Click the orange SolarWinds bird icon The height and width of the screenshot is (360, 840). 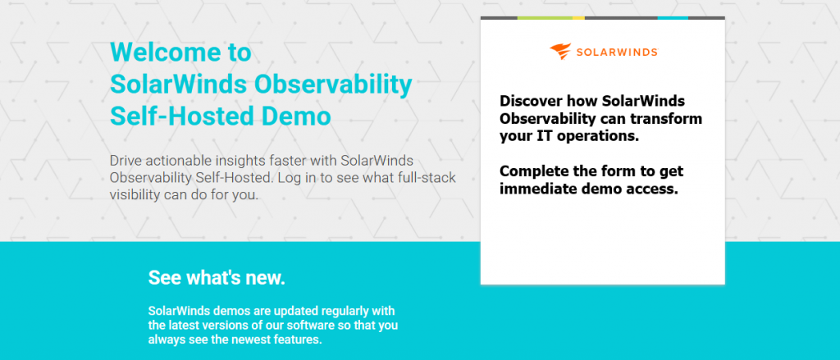point(560,52)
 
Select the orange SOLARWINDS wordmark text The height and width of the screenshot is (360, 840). point(617,52)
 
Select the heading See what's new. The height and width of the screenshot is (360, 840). point(217,277)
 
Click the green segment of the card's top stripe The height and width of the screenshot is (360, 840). point(545,18)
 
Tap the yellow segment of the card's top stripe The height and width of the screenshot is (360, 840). point(578,18)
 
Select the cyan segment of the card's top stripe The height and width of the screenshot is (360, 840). point(673,18)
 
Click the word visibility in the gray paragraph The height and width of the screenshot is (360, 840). point(135,194)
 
